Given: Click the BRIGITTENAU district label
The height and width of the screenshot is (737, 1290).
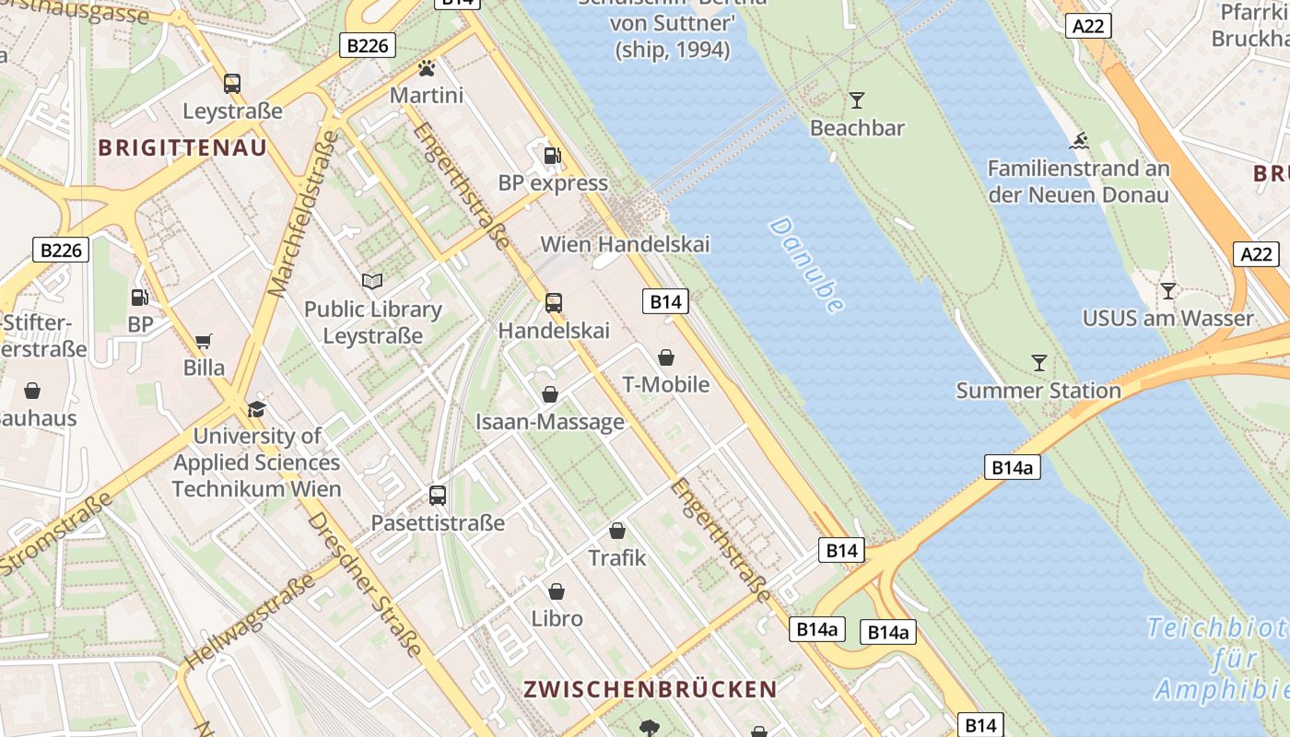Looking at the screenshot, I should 182,147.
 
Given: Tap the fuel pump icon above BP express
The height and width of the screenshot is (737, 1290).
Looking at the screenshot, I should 552,155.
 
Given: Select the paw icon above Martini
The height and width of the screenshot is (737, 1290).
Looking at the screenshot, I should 426,68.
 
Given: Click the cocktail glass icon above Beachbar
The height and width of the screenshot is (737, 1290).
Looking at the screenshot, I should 857,99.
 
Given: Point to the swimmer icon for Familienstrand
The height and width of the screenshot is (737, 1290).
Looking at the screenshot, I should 1079,142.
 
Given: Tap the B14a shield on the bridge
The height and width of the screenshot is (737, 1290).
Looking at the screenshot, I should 1012,467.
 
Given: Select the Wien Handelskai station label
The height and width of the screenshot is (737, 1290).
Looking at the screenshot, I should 625,244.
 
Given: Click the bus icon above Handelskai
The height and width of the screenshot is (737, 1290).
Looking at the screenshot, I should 553,302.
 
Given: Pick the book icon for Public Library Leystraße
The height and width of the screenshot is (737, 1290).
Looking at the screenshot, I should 372,281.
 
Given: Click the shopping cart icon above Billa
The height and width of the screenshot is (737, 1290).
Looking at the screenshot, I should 204,341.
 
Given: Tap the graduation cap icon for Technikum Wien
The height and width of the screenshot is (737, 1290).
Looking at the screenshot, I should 256,409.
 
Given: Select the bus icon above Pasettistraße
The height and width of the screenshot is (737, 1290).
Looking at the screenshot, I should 438,496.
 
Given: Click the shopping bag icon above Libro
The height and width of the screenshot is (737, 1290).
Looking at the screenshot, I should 557,591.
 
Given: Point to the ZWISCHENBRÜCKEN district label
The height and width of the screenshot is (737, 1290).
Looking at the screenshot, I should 651,689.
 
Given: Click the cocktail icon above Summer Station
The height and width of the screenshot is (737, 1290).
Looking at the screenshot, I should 1038,363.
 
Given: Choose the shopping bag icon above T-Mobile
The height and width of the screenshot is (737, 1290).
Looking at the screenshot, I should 665,357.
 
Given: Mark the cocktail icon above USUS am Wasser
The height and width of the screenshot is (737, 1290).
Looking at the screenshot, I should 1167,291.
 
